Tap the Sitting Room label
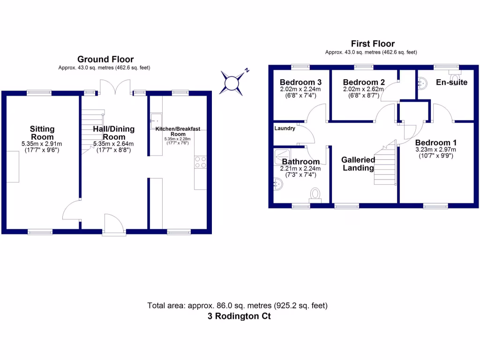click(x=42, y=133)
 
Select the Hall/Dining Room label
click(x=113, y=133)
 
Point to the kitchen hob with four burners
click(x=200, y=162)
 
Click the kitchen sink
click(x=156, y=119)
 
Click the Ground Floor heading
click(x=105, y=59)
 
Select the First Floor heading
click(x=373, y=44)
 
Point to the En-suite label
click(x=451, y=82)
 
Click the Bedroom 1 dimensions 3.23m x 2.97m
click(x=435, y=150)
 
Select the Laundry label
click(x=285, y=128)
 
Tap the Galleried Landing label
click(x=358, y=164)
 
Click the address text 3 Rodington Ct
click(x=240, y=316)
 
